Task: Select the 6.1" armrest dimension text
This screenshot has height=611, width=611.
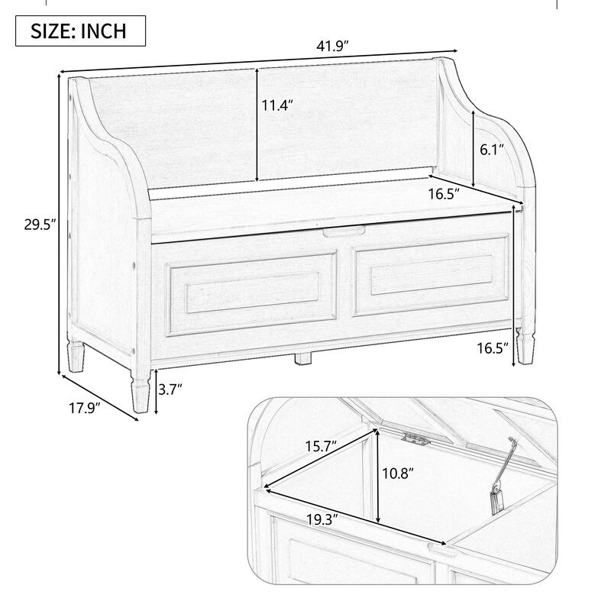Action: tap(492, 150)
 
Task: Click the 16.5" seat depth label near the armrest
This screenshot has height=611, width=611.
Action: tap(443, 195)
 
